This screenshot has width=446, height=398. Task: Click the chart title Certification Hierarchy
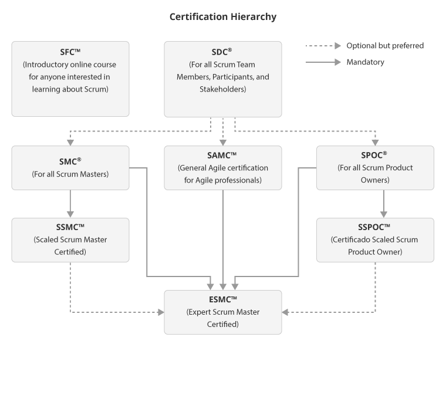(223, 17)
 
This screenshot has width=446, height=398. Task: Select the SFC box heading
(70, 52)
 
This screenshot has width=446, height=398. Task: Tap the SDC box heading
(222, 52)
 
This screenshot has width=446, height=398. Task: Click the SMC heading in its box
(70, 161)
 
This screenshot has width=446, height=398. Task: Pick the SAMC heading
(222, 156)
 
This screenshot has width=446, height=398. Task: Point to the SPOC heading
(374, 155)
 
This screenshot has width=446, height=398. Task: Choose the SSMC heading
(70, 227)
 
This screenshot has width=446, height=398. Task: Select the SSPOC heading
(374, 227)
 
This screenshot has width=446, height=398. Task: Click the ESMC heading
(223, 299)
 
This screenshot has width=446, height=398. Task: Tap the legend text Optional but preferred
(385, 46)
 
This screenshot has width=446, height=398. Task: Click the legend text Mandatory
(366, 62)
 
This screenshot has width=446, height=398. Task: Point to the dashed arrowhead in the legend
(337, 46)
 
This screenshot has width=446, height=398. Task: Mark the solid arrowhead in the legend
(337, 62)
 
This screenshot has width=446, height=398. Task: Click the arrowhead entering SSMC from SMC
(70, 214)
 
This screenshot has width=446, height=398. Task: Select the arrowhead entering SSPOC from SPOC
(384, 214)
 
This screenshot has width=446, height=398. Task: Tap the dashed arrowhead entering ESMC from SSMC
(161, 312)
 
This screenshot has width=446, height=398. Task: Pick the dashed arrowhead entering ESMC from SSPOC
(285, 312)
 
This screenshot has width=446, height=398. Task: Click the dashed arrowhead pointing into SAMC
(223, 143)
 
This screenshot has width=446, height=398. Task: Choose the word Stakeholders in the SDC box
(223, 89)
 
